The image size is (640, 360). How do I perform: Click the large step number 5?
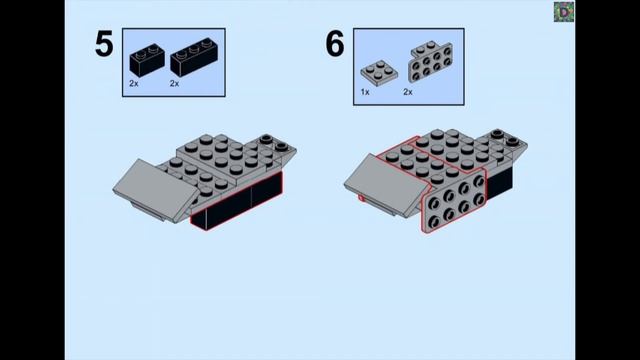104,44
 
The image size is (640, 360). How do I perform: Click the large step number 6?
335,44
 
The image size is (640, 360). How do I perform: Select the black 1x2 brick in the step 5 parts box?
147,60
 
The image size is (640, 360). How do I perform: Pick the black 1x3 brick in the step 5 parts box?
194,58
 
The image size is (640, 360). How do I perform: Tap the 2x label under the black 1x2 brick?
134,83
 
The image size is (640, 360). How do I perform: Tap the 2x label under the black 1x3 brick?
174,83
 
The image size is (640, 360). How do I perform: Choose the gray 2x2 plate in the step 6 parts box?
379,73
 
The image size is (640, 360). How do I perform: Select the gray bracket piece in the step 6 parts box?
430,61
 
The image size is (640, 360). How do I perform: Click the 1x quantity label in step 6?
365,92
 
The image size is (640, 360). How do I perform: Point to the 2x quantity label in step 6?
408,92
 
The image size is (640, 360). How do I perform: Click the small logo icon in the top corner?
564,12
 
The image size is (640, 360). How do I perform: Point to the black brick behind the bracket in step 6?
500,183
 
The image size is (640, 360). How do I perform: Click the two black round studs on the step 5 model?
273,142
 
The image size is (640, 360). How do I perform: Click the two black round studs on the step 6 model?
504,138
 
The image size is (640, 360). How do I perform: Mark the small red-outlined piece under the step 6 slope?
362,199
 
